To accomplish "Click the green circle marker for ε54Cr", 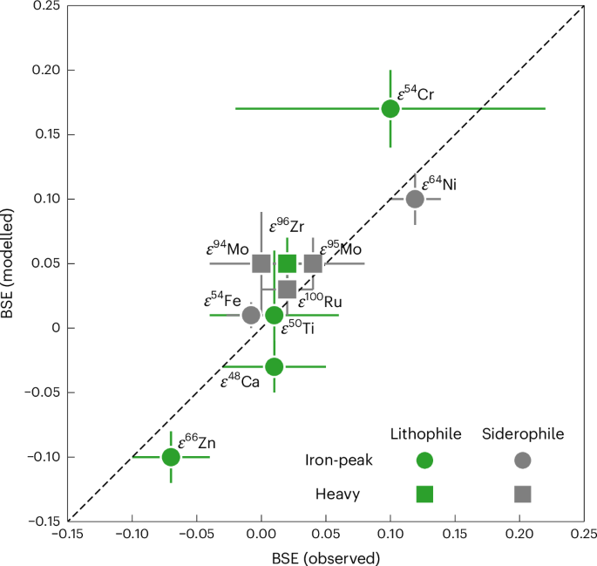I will (390, 109).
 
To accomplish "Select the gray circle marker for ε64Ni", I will (415, 199).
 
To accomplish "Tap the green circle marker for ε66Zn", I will (171, 457).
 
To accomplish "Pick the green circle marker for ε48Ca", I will (275, 367).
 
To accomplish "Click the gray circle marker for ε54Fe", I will (251, 315).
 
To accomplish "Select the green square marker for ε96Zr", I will (288, 263).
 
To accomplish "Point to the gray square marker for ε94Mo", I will (261, 263).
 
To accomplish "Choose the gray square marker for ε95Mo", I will (313, 263).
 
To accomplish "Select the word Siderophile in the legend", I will (523, 433).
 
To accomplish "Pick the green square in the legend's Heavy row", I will (424, 493).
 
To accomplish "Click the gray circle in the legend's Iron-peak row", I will (523, 461).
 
